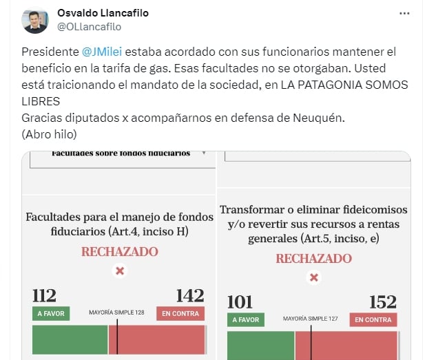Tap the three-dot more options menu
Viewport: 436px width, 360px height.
point(404,13)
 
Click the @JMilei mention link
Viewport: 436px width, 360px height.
point(102,52)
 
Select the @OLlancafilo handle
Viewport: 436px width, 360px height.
point(90,27)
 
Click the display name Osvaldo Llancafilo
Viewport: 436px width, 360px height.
point(103,13)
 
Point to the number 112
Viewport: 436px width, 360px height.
point(45,295)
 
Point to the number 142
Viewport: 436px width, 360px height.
point(191,295)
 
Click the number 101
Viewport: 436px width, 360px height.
point(240,302)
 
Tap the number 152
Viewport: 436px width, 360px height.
point(383,302)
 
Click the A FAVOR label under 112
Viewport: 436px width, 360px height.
point(51,314)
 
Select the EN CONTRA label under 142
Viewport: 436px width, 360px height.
point(180,314)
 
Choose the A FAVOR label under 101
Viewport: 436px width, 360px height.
point(246,319)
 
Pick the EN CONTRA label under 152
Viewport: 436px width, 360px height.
point(373,319)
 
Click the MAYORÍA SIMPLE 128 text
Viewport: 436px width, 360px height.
point(116,313)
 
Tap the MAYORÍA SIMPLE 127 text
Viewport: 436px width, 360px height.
point(311,319)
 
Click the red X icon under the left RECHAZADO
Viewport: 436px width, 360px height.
point(120,271)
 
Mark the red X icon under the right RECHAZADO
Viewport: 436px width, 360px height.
point(314,277)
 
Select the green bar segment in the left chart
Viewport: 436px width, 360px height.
point(70,340)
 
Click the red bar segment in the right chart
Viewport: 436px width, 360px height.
point(346,346)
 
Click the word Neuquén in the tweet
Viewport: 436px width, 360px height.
point(319,118)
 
